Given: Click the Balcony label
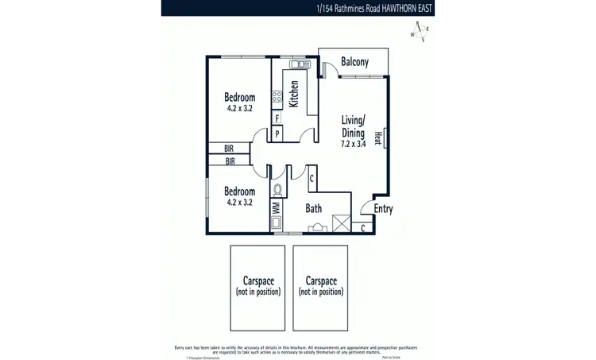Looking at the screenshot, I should [354, 63].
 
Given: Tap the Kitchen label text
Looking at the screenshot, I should [294, 94].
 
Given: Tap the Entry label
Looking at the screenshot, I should [383, 210].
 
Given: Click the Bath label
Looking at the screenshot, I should [313, 209].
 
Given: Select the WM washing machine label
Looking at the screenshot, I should [276, 207].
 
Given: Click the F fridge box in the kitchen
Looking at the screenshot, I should [277, 118].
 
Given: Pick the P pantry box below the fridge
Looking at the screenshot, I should [277, 134].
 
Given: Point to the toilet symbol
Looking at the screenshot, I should [277, 188].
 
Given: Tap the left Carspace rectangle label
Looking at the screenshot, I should [259, 286].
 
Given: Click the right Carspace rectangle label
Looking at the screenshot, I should [320, 286].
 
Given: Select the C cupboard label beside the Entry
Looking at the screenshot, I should [363, 229].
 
